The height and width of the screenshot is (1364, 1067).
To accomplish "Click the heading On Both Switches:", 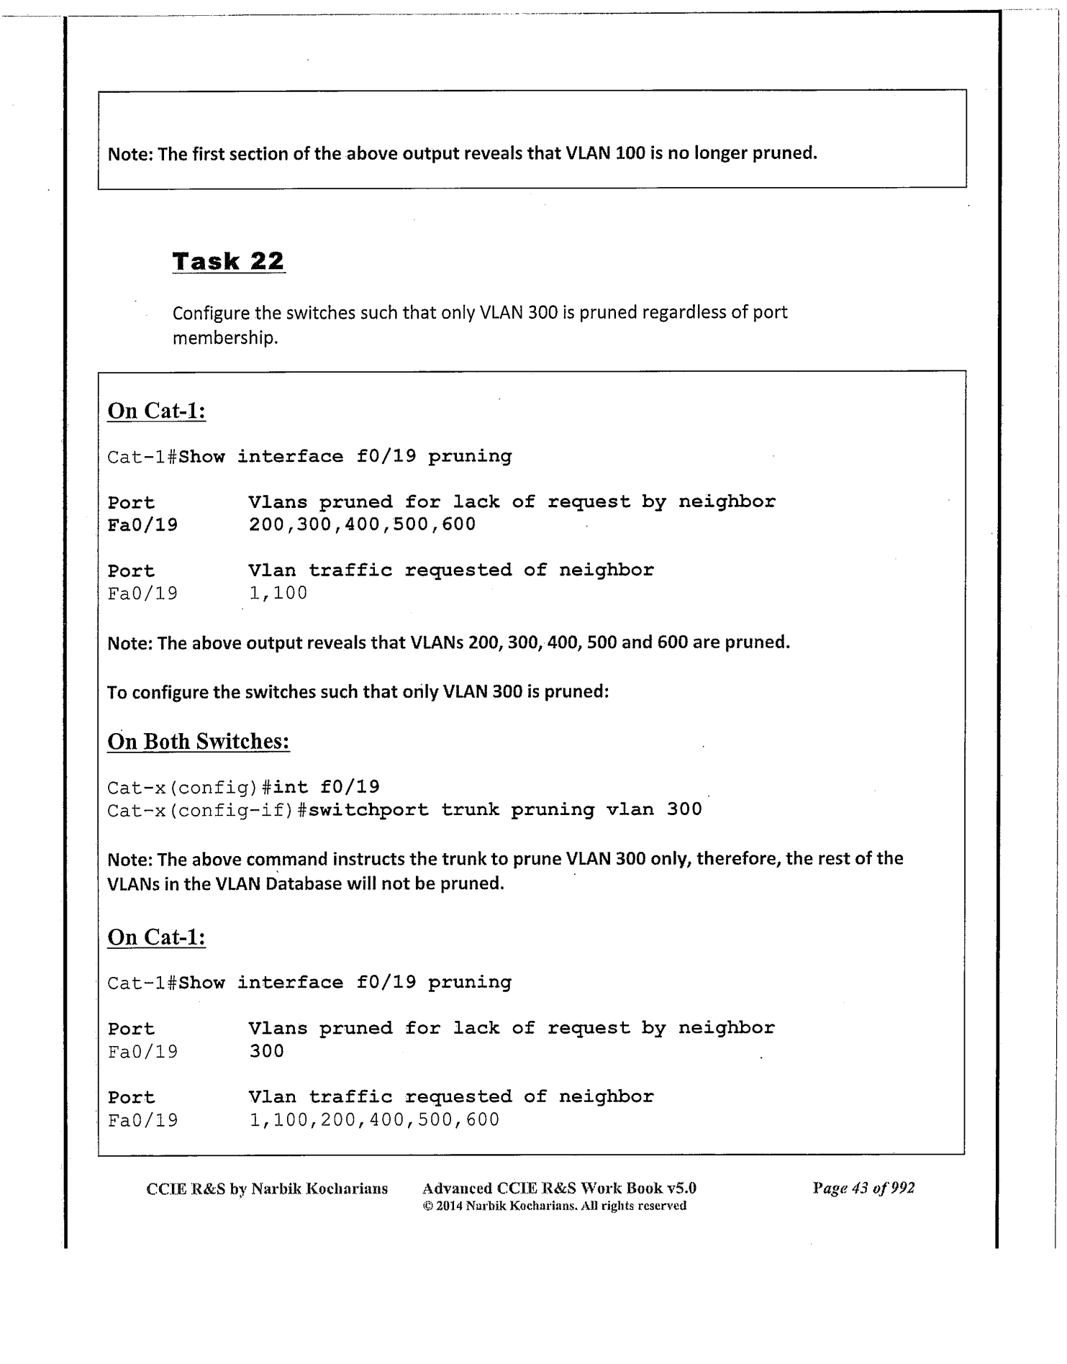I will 199,741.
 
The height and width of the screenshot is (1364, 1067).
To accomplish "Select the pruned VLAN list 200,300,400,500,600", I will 362,524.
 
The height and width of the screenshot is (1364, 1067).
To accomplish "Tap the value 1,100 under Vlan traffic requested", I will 278,593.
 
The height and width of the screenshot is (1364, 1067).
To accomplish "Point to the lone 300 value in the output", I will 267,1051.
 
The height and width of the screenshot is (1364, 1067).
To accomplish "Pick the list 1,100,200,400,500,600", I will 374,1119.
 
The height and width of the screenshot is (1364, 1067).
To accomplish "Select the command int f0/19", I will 327,787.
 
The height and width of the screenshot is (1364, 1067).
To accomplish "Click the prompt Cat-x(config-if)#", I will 207,810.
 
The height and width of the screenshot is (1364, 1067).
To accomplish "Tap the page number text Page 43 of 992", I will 863,1188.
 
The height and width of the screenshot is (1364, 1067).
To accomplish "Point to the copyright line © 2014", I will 554,1206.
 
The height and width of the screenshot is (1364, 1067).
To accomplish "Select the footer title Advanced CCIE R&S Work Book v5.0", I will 559,1188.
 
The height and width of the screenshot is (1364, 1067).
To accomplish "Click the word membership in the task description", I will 225,337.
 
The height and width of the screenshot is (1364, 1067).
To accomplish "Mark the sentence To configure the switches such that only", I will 358,692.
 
